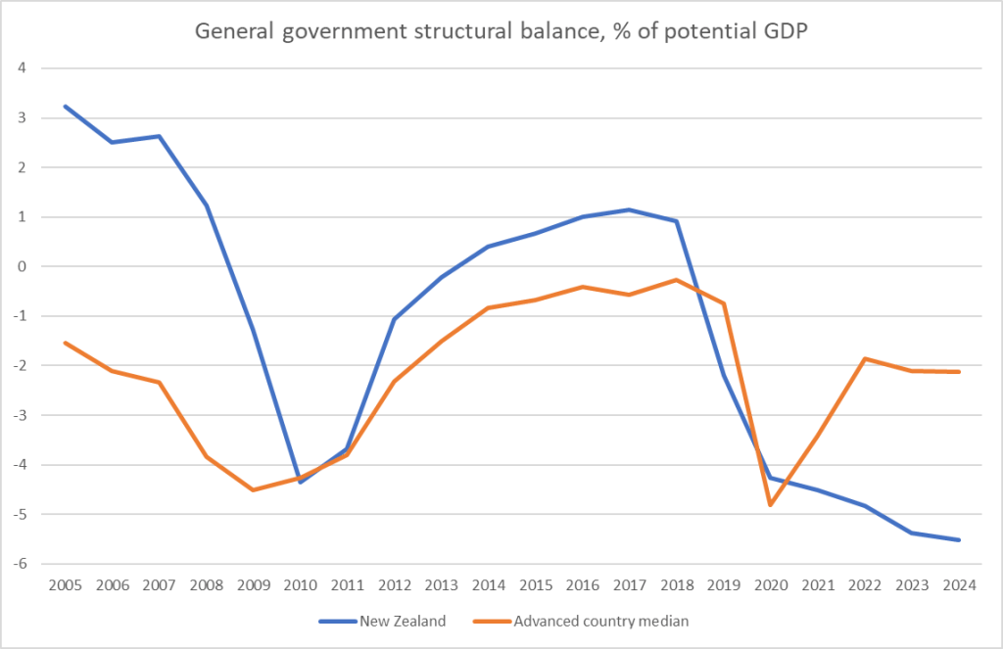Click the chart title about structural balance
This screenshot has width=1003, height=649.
click(x=501, y=31)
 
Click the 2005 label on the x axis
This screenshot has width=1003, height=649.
click(x=65, y=585)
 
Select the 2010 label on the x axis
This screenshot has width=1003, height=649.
click(x=300, y=585)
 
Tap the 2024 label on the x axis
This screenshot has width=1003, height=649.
click(x=958, y=585)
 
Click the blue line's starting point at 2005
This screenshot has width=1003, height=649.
click(x=65, y=106)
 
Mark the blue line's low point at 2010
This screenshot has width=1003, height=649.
click(x=300, y=482)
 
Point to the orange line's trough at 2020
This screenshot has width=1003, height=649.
click(x=770, y=505)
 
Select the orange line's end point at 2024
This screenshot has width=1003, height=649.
click(x=958, y=372)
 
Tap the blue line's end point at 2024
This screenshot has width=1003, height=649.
click(x=958, y=539)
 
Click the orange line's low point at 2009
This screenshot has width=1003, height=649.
click(x=253, y=489)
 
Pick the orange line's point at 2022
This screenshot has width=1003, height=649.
click(x=864, y=358)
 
